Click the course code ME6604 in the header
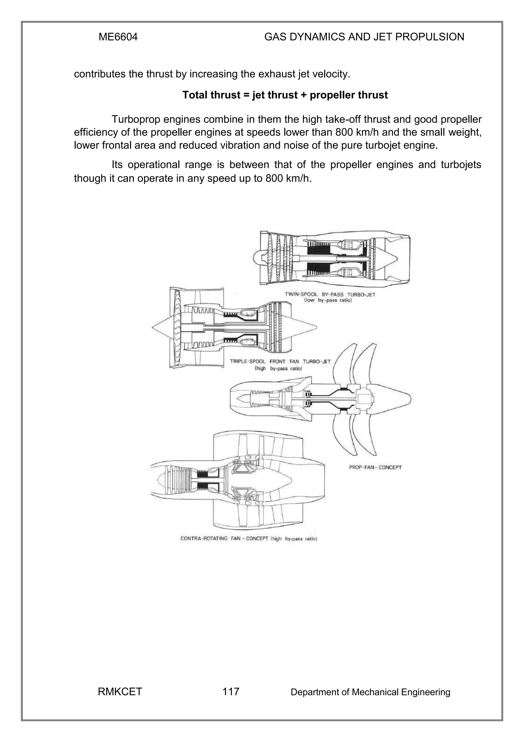(x=118, y=37)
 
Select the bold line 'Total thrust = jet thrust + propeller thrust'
(x=285, y=95)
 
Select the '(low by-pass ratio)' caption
(x=328, y=300)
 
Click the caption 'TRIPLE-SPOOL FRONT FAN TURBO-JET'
(x=280, y=361)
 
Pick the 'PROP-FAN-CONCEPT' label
(x=375, y=467)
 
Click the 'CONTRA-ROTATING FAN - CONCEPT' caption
(x=224, y=538)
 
